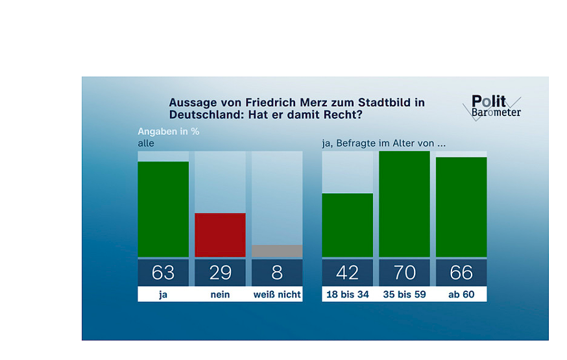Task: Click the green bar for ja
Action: (163, 209)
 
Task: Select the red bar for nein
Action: (220, 235)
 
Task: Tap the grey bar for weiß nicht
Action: (277, 251)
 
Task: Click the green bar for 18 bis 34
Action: (347, 225)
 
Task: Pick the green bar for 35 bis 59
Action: (404, 204)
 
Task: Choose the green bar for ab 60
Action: (461, 207)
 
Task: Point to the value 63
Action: (163, 272)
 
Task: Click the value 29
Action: (220, 272)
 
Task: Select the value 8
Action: (277, 272)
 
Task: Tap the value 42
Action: (347, 272)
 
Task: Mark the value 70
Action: (404, 272)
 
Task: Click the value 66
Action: (461, 272)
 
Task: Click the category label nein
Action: (220, 294)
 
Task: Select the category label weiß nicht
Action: (277, 294)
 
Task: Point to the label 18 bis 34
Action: (347, 294)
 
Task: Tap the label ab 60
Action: (461, 294)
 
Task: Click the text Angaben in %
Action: (167, 132)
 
